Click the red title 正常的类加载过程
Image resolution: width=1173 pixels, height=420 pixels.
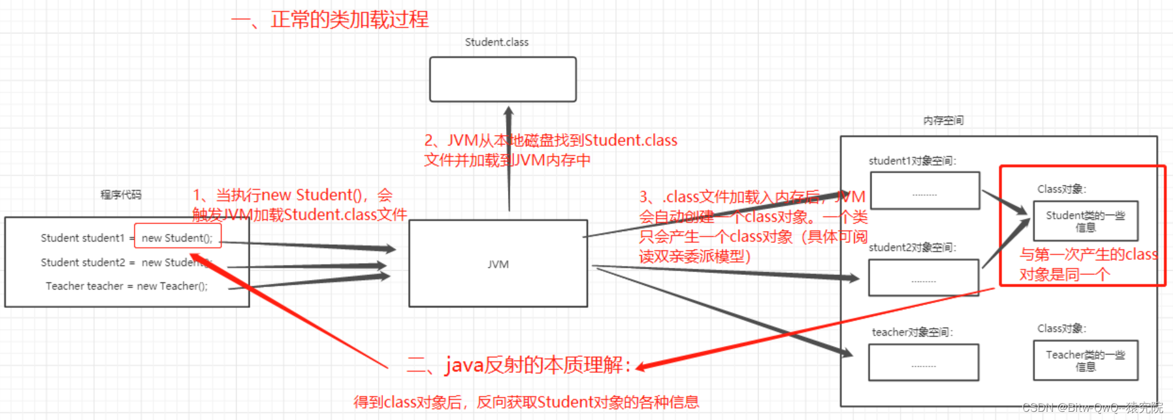tap(349, 19)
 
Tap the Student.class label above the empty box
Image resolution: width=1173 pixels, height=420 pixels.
tap(496, 42)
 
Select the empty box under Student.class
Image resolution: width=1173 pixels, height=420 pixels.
tap(502, 79)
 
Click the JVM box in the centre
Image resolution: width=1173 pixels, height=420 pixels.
tap(498, 264)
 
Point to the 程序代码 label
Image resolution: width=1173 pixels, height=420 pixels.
tap(121, 195)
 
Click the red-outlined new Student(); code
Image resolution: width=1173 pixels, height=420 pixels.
tap(177, 237)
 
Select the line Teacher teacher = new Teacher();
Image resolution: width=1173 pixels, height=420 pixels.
tap(126, 286)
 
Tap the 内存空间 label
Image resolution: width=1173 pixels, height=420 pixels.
tap(943, 121)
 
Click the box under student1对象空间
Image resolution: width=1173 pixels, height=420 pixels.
tap(924, 190)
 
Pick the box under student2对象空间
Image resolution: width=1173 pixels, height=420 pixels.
tap(923, 277)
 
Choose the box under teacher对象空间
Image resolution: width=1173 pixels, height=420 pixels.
tap(923, 362)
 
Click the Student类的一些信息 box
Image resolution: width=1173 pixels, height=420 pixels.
tap(1085, 221)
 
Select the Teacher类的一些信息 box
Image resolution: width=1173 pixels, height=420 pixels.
tap(1085, 360)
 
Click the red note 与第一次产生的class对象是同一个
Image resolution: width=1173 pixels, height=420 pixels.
tap(1088, 264)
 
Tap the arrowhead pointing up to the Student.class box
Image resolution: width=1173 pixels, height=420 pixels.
tap(509, 112)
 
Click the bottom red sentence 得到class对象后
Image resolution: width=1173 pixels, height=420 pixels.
tap(526, 402)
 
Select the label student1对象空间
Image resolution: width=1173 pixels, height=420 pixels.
tap(912, 161)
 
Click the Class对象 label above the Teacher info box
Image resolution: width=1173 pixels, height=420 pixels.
tap(1061, 328)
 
